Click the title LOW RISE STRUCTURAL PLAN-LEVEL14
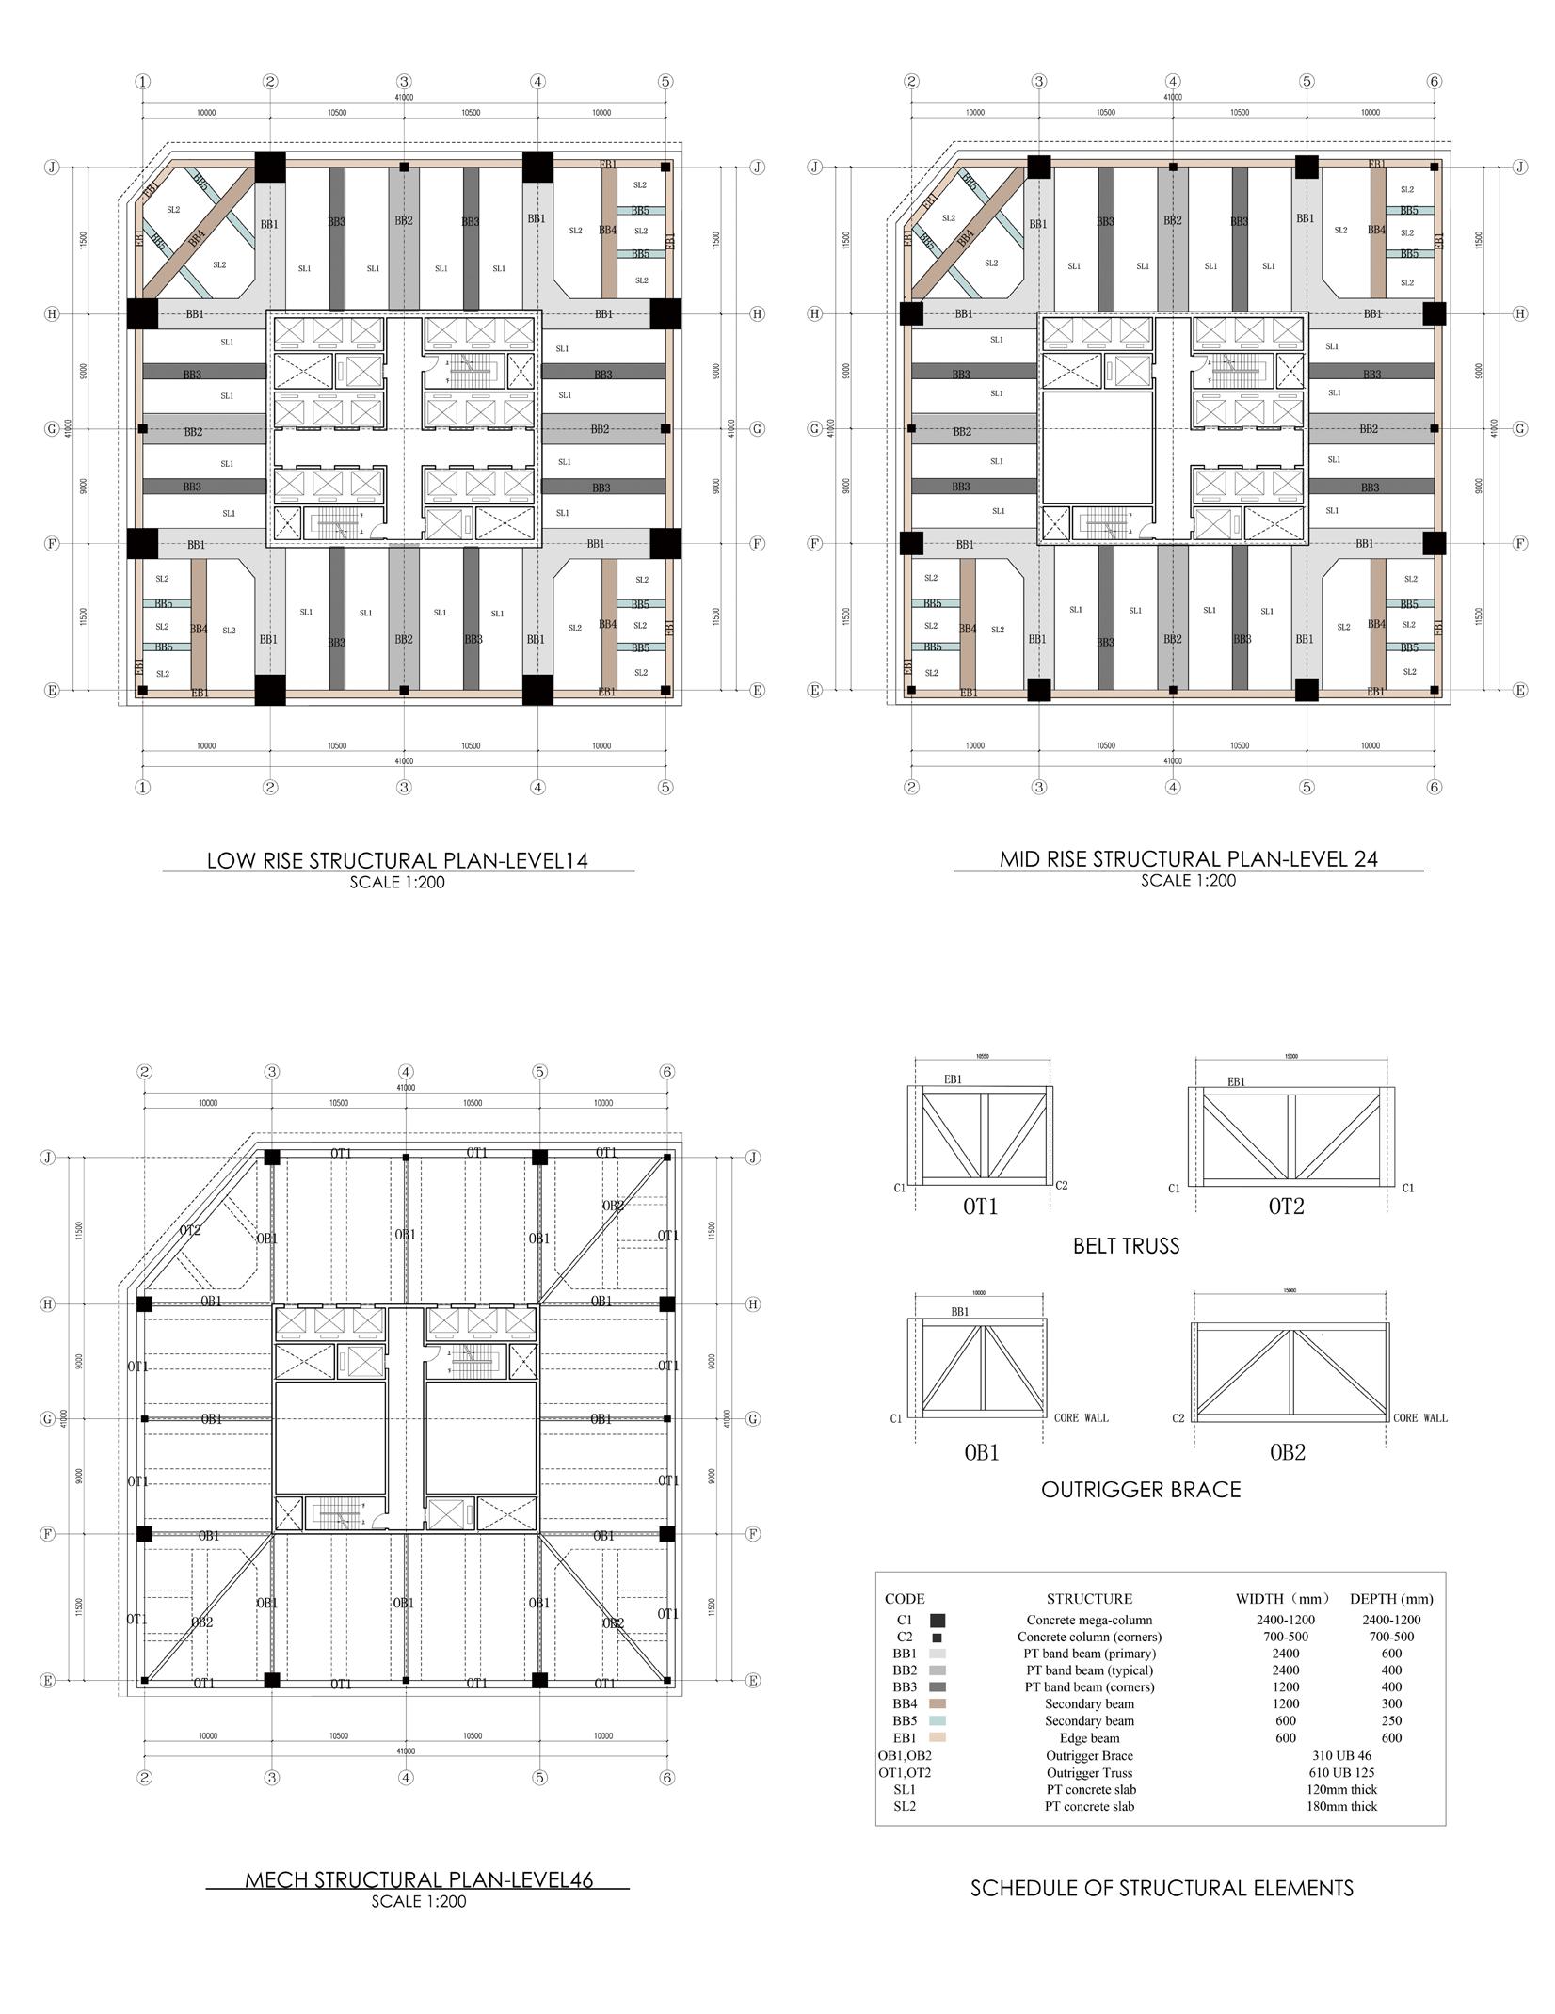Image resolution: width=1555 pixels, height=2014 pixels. tap(397, 860)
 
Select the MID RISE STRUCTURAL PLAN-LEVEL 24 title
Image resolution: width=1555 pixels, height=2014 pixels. tap(1188, 858)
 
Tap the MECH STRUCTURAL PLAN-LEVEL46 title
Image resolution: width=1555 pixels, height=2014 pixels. tap(419, 1879)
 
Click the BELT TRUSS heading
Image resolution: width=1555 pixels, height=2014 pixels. tap(1126, 1246)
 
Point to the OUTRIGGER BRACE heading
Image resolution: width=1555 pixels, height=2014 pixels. tap(1141, 1489)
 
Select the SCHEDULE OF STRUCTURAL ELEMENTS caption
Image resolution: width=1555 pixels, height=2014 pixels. tap(1162, 1887)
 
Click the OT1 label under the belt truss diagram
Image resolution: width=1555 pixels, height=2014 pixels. tap(980, 1207)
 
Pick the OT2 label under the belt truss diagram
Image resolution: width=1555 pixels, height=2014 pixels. tap(1286, 1207)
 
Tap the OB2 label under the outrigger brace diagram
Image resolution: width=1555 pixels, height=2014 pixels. tap(1288, 1452)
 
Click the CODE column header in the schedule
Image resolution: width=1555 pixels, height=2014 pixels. tap(905, 1598)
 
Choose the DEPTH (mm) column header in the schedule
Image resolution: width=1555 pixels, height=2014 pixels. tap(1391, 1598)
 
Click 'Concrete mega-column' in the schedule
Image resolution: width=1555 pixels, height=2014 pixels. tap(1089, 1620)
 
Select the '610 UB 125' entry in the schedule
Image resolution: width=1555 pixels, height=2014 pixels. tap(1341, 1772)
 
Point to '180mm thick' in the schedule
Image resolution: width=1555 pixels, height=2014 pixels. tap(1341, 1806)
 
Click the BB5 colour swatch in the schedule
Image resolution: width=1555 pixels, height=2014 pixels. tap(937, 1720)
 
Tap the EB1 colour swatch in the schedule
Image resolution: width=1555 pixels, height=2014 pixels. tap(937, 1737)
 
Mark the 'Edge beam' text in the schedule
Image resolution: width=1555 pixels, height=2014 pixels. tap(1089, 1738)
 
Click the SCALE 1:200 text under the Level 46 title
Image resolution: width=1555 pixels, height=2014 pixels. tap(419, 1901)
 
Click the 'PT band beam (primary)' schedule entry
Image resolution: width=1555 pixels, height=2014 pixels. tap(1089, 1654)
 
